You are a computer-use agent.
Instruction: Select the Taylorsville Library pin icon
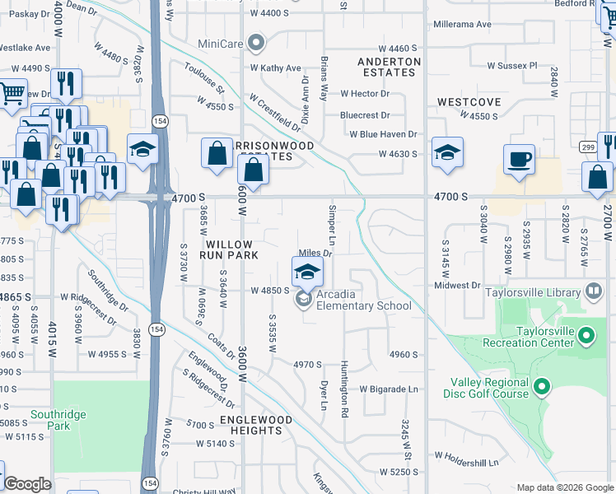[593, 291]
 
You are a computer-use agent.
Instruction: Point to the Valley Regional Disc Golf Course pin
[541, 385]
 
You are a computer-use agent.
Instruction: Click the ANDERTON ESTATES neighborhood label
[390, 67]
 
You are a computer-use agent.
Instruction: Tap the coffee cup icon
[519, 159]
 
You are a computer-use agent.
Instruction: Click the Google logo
[28, 484]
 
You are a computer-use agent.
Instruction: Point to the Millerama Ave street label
[461, 24]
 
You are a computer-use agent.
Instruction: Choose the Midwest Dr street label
[457, 285]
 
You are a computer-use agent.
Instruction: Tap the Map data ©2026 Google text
[564, 487]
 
